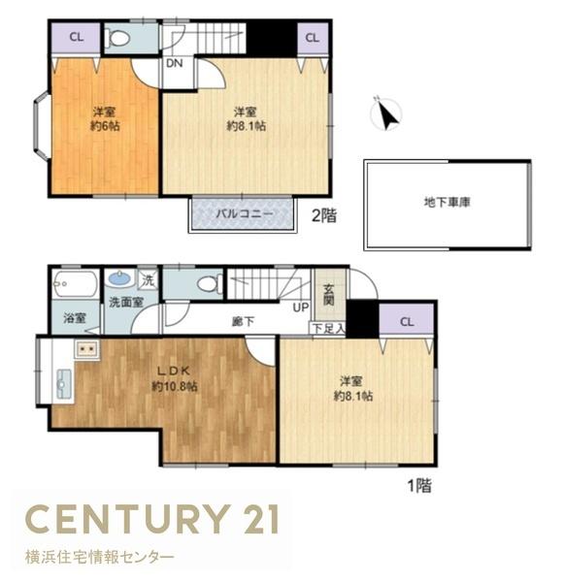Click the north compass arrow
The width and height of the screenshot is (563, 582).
(389, 115)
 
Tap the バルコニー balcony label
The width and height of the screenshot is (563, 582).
(245, 213)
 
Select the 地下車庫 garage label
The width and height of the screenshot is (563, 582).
(447, 203)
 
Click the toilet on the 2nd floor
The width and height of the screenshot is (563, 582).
(116, 38)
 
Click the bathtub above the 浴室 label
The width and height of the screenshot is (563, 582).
(75, 284)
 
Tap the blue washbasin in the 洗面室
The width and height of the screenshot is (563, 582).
(119, 278)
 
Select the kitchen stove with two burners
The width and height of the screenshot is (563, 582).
(87, 349)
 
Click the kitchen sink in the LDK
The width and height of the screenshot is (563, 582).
(63, 384)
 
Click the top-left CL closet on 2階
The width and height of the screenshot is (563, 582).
(76, 38)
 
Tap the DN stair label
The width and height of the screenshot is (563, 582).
(174, 63)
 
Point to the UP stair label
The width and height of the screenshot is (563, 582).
(301, 307)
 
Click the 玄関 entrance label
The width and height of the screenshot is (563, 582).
(328, 295)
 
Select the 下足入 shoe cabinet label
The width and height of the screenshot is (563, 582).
(328, 329)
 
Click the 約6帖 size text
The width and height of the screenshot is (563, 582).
(105, 126)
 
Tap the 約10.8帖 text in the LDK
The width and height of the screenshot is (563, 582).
(174, 386)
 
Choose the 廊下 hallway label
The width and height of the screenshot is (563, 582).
(243, 321)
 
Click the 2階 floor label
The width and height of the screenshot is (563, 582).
(324, 215)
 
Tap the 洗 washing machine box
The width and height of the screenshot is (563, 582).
(149, 280)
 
